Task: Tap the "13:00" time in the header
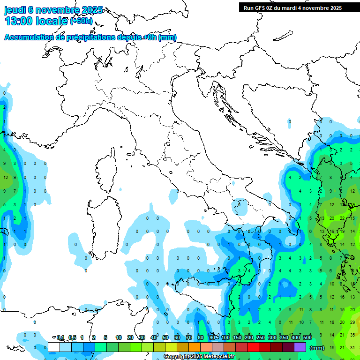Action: point(19,21)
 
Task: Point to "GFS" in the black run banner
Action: point(263,8)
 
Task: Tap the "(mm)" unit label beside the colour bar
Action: point(317,348)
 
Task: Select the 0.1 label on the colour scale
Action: point(60,337)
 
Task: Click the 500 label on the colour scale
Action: point(307,337)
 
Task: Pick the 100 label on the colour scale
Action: point(225,337)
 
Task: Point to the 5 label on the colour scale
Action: point(106,337)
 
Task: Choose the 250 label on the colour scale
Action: point(260,337)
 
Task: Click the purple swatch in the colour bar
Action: point(300,347)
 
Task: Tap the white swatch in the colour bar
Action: point(54,347)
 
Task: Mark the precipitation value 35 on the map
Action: point(352,335)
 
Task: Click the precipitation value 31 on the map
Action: point(352,347)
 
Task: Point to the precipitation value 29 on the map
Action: point(352,322)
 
